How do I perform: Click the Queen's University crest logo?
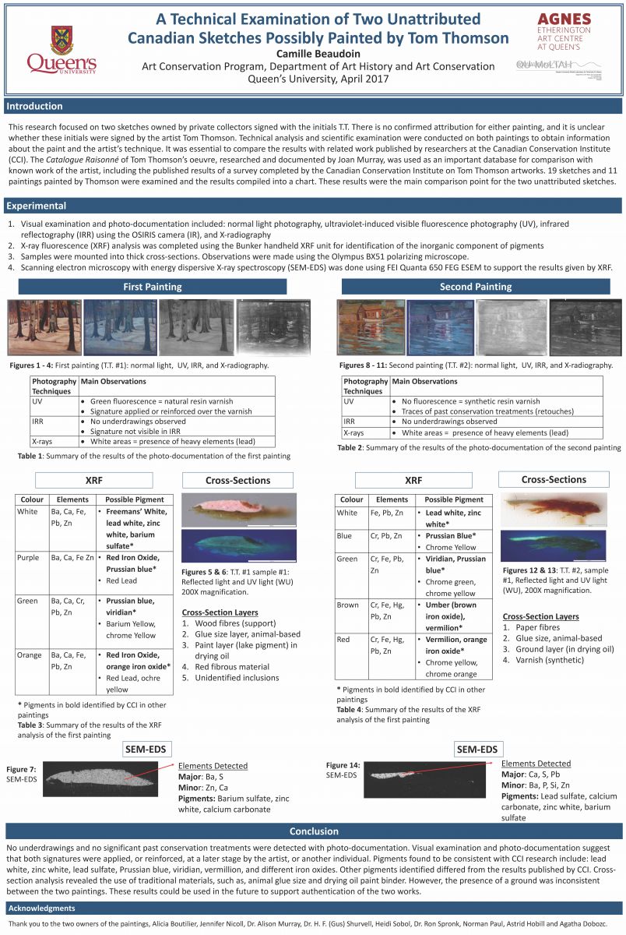pos(62,39)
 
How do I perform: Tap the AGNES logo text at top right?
pos(564,18)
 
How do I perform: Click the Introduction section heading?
pos(35,106)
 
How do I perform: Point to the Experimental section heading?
pos(36,206)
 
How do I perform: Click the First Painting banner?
pos(153,287)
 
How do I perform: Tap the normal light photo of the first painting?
pos(44,327)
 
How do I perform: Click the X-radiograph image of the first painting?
pos(273,327)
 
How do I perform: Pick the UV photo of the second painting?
pos(441,328)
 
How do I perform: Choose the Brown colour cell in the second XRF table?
pos(348,605)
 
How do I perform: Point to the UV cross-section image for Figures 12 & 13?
pos(554,546)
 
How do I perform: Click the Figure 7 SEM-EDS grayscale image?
pos(103,778)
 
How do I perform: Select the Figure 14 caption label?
pos(343,765)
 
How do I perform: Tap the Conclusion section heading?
pos(313,831)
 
